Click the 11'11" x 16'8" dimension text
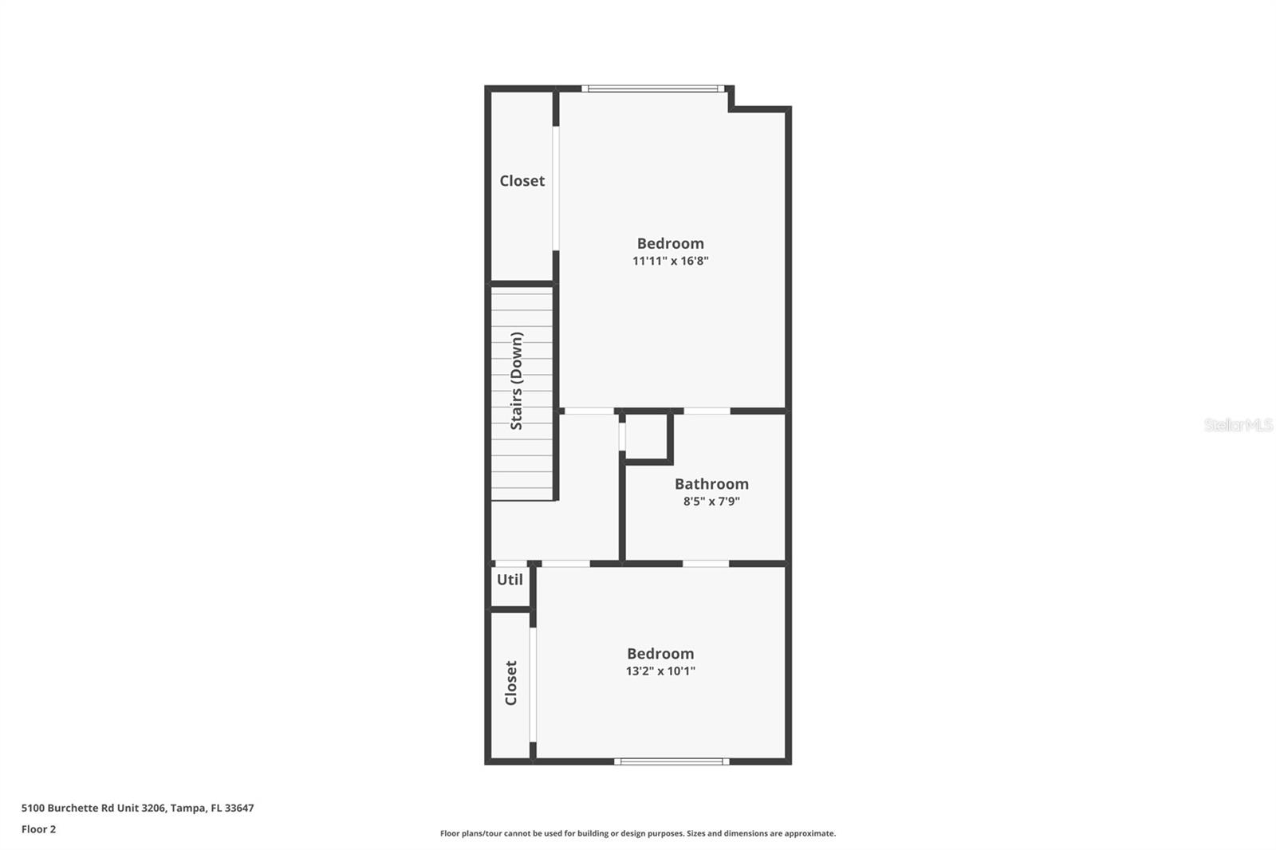670,261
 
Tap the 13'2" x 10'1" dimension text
660,671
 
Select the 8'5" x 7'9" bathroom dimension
711,502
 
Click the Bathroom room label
711,484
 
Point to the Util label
510,580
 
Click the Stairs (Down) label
517,381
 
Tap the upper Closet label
522,181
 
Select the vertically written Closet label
511,683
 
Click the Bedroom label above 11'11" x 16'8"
670,243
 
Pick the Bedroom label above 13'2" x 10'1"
660,654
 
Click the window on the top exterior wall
653,89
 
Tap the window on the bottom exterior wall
671,761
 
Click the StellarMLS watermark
1238,425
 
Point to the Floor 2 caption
38,829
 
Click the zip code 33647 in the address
239,808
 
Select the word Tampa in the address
187,808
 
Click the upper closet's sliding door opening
556,188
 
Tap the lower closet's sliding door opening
533,684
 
